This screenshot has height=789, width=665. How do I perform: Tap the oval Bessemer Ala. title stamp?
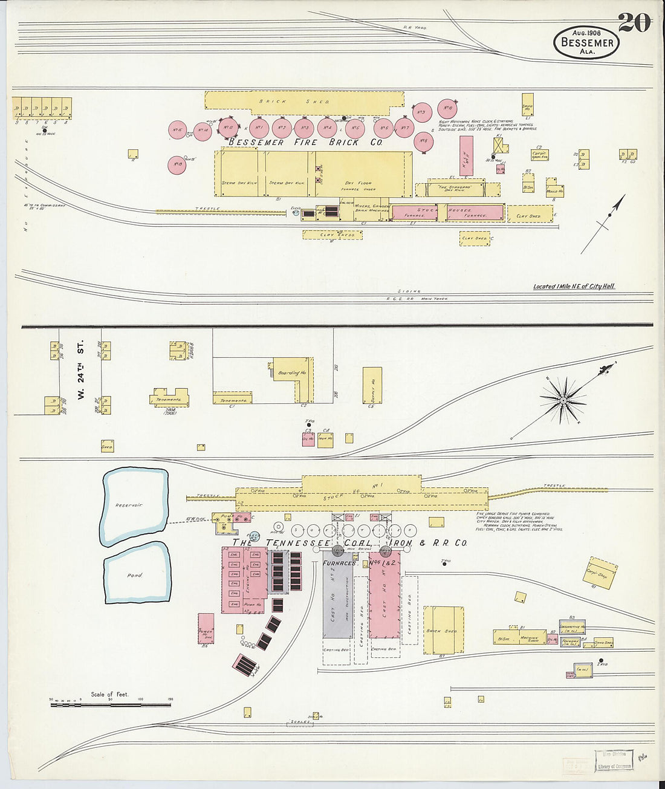(x=586, y=42)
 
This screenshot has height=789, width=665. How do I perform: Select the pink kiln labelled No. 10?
(x=447, y=108)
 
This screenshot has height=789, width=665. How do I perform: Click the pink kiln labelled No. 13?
(x=177, y=164)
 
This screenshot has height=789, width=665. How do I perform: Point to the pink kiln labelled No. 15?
(x=177, y=130)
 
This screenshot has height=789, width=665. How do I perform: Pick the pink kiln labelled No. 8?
(x=423, y=141)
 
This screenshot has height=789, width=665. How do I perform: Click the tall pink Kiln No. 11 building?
(x=466, y=156)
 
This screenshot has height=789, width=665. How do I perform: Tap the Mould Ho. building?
(x=554, y=191)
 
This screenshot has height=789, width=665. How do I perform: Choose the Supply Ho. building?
(x=372, y=385)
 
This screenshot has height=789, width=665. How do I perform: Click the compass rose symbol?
(x=563, y=400)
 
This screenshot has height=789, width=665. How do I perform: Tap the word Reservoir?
(x=129, y=505)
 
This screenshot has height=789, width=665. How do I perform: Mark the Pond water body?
(x=135, y=574)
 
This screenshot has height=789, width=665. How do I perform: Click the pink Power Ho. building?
(x=206, y=629)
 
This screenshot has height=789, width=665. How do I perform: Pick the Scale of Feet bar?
(x=111, y=704)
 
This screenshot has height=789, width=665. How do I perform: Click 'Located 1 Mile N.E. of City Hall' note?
(x=574, y=287)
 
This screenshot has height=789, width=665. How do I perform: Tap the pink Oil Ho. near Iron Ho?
(x=308, y=440)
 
